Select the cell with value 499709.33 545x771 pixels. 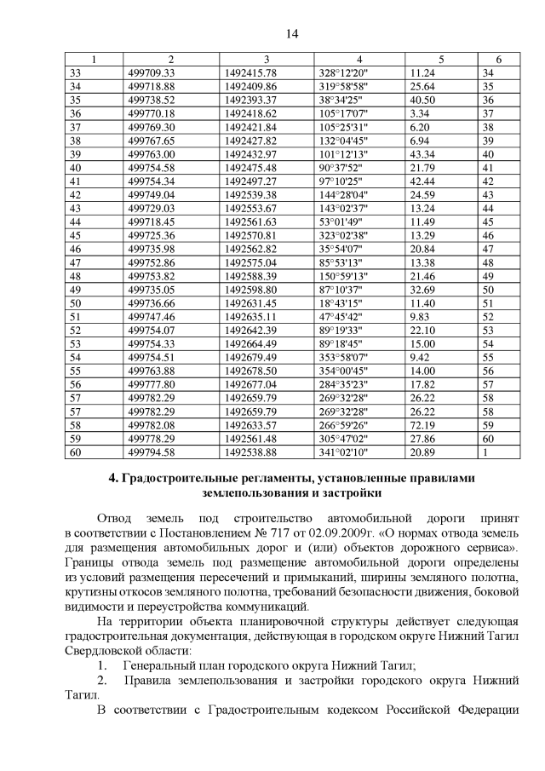point(151,72)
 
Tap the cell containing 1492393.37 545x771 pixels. point(251,100)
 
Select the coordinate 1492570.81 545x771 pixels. point(251,235)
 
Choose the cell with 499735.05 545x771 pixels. point(151,290)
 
